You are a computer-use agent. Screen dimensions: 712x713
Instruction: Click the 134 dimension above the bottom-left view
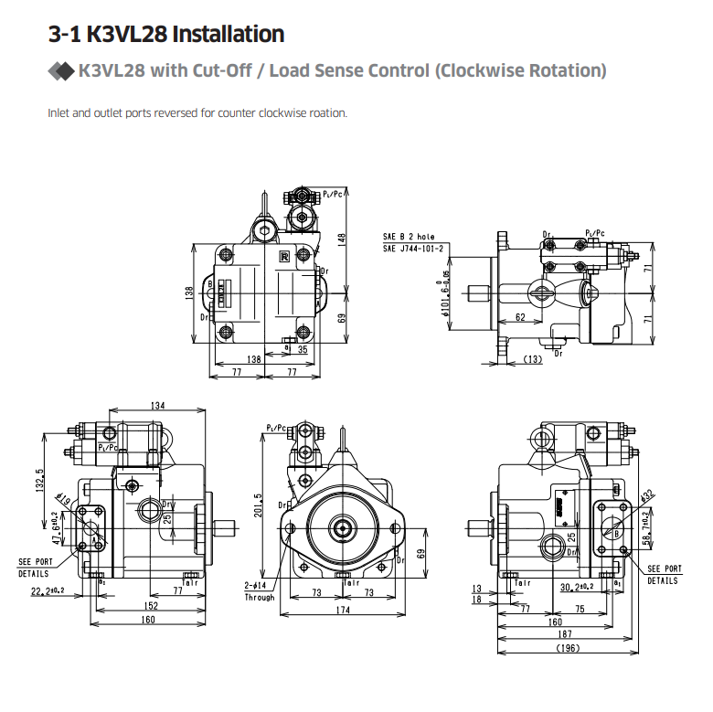tap(157, 406)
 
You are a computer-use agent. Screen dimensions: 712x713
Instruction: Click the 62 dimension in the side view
tap(519, 318)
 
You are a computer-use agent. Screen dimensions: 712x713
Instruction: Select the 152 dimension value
tap(150, 606)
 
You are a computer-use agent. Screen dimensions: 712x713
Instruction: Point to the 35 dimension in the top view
tap(302, 348)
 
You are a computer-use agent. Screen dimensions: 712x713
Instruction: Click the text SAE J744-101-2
tap(413, 248)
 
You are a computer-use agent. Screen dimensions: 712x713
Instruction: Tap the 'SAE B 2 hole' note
tap(409, 237)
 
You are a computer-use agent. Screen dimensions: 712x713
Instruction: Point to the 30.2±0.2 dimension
tap(577, 587)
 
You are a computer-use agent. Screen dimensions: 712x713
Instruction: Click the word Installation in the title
tap(229, 35)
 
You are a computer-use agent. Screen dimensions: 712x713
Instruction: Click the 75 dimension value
tap(579, 608)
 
